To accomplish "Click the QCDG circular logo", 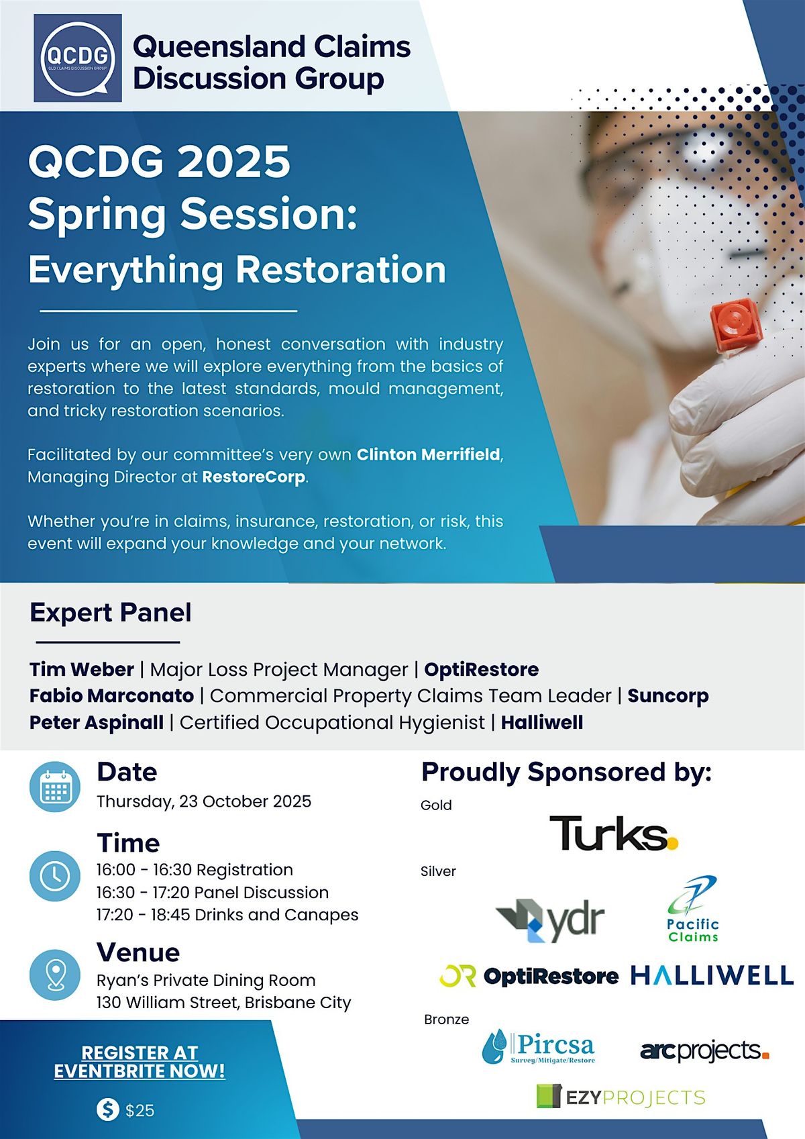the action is point(78,58).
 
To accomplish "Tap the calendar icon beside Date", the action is point(55,787).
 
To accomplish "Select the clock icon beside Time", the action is point(55,876).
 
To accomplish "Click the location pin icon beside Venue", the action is point(55,975).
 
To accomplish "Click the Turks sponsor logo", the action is point(613,833).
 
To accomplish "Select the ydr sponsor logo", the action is point(550,920).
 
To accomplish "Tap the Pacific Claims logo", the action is point(693,908).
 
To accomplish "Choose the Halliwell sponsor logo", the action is point(712,975).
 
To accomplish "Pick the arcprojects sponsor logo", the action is point(704,1050).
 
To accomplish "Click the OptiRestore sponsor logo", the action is point(529,975).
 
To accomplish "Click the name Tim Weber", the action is point(82,669).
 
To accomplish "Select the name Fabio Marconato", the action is point(112,695).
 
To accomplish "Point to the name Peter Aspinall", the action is point(97,722).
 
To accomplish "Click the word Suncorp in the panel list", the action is point(667,696).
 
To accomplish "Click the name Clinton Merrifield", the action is point(429,454).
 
